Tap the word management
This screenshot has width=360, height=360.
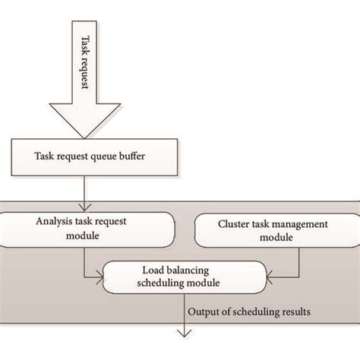coord(302,224)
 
